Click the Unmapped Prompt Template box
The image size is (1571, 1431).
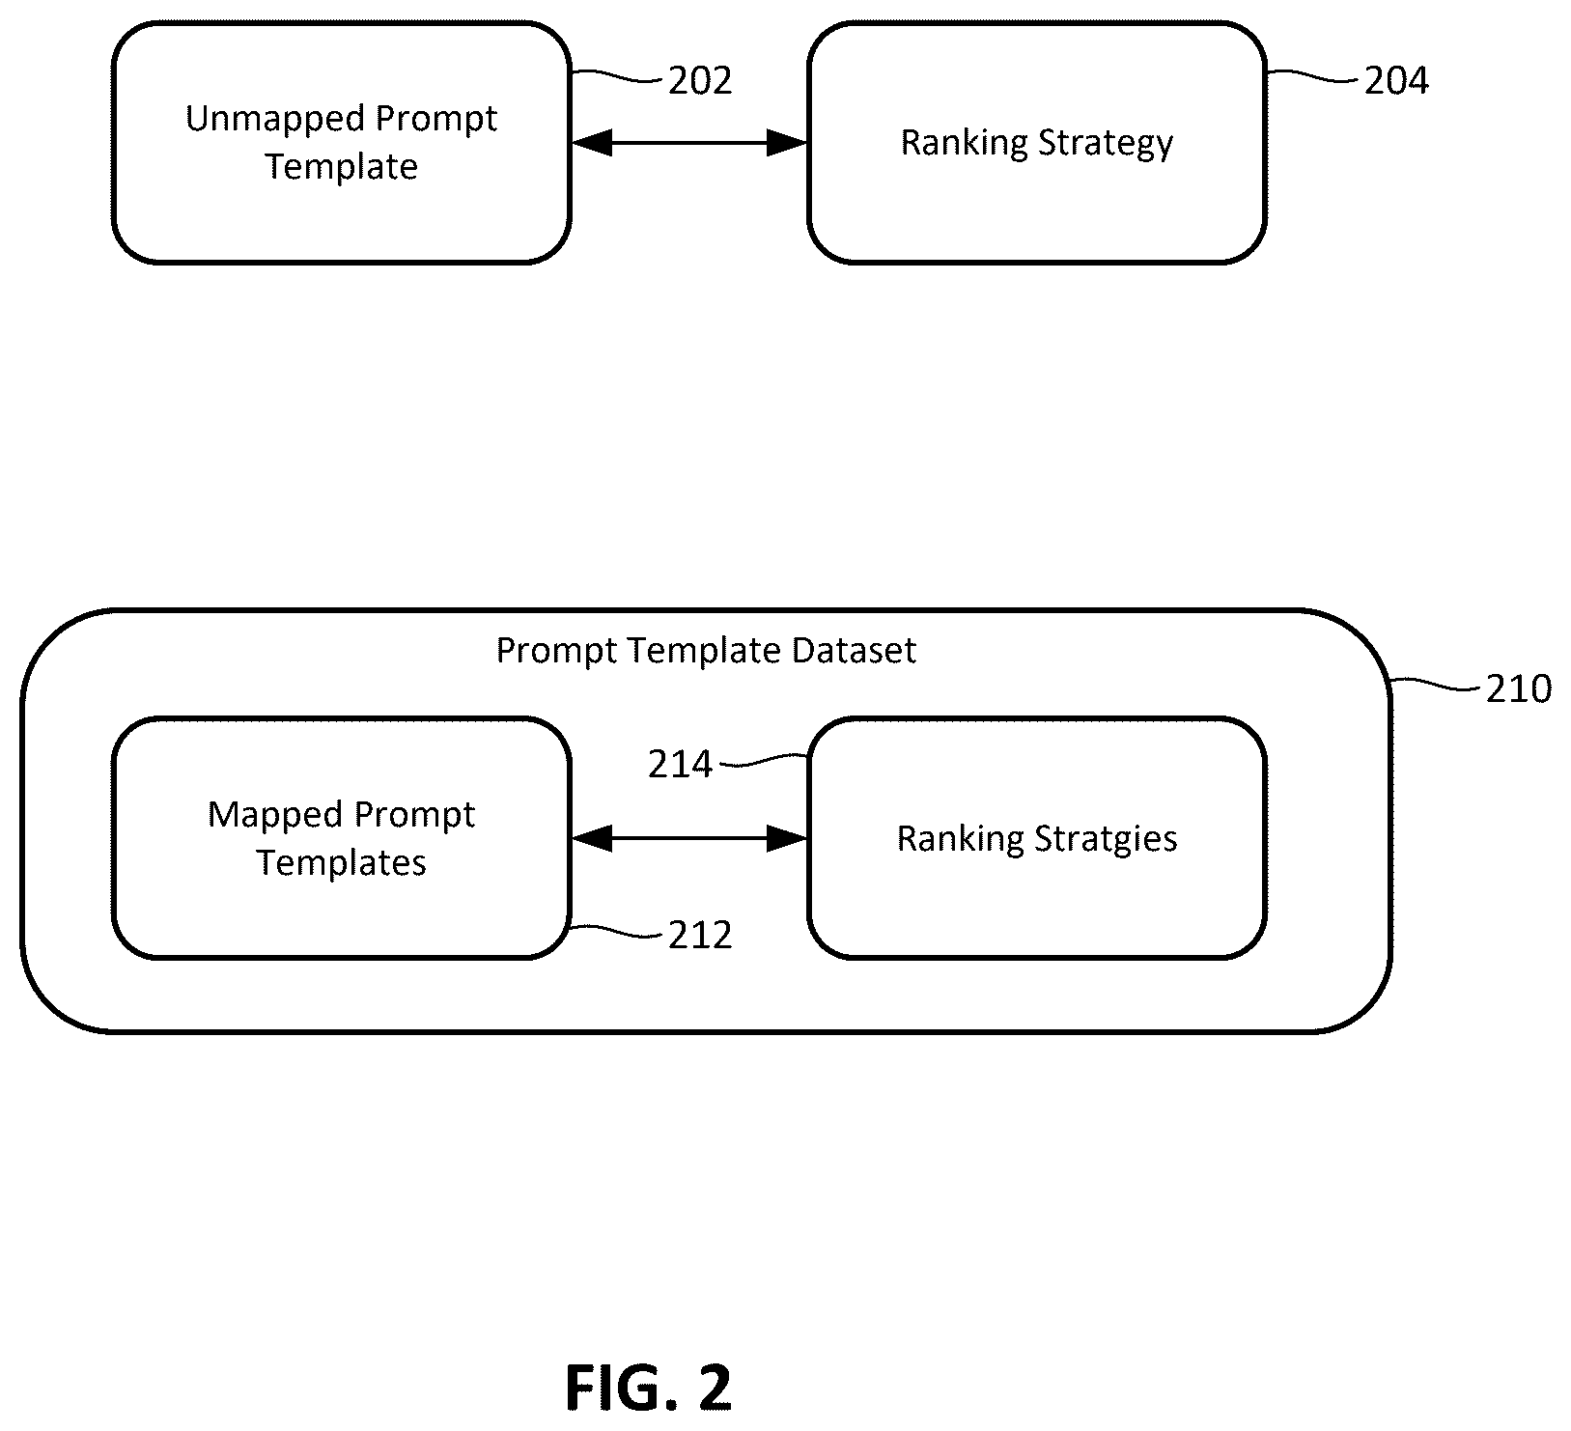click(341, 143)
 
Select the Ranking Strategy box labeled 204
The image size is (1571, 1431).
click(1037, 143)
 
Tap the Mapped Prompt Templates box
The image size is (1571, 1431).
click(341, 838)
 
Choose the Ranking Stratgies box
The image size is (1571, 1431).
click(1037, 838)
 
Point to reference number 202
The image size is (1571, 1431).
click(700, 81)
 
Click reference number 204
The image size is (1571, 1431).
click(1396, 81)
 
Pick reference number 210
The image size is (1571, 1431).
click(1519, 689)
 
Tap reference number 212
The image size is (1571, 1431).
click(700, 936)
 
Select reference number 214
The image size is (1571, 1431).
click(680, 765)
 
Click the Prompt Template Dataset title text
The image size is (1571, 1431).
click(706, 651)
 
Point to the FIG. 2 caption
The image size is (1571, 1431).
click(649, 1388)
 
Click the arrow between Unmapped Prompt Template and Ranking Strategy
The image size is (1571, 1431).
click(689, 144)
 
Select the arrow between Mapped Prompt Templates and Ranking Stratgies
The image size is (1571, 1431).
click(689, 838)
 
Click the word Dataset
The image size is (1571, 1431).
click(855, 651)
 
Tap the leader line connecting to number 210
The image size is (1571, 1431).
click(1436, 685)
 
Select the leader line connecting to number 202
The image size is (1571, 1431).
click(618, 75)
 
